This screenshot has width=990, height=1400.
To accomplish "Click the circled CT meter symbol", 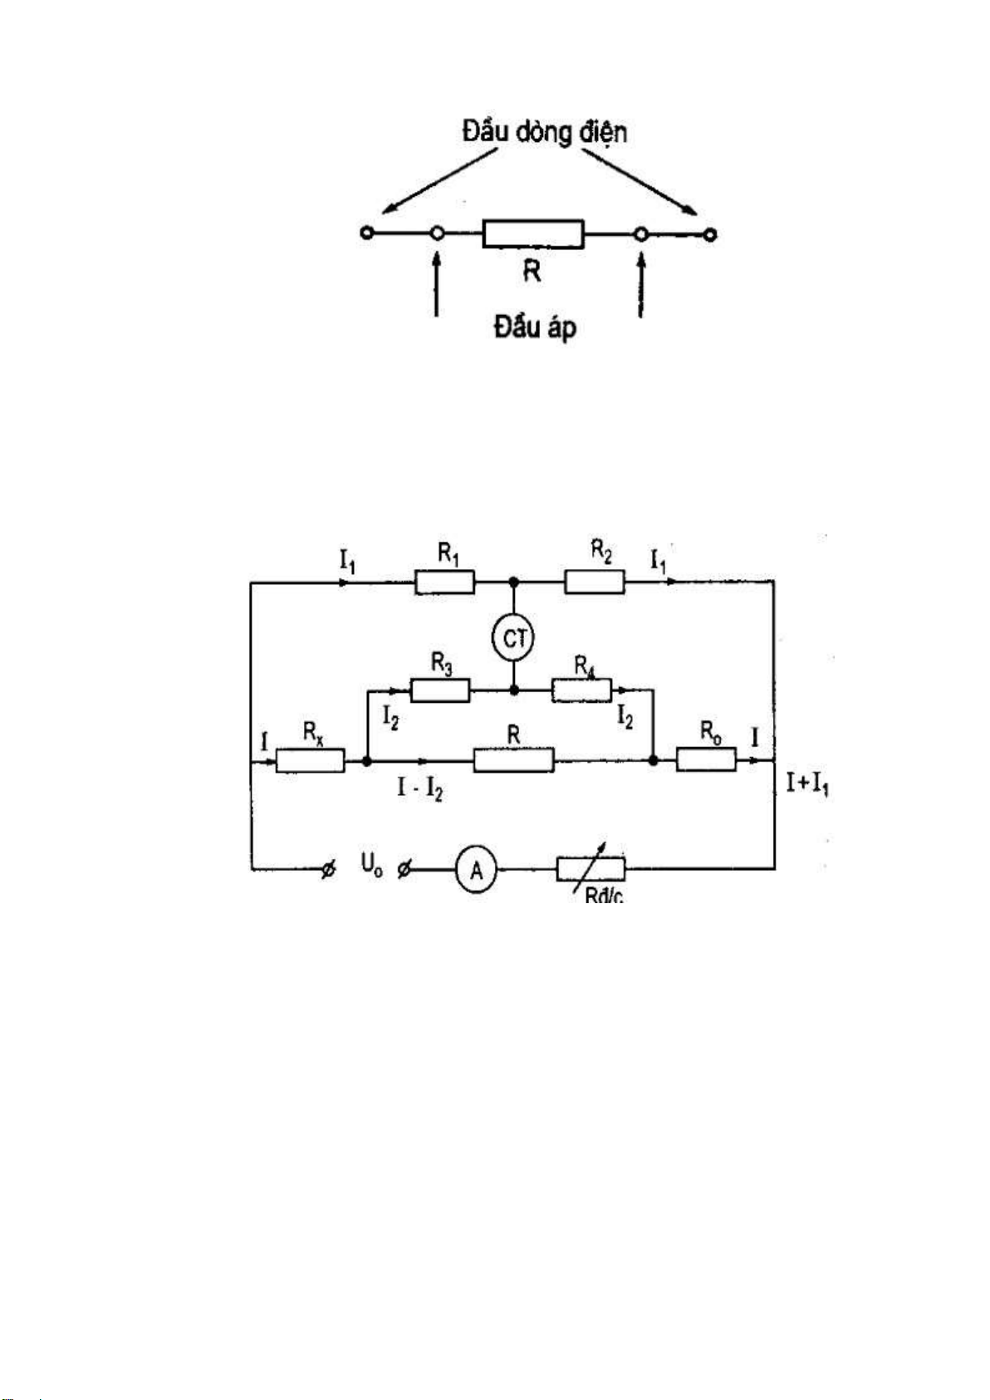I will tap(514, 637).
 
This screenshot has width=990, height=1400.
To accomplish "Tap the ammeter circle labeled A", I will tap(476, 871).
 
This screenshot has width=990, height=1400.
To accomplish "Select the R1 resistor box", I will tap(444, 582).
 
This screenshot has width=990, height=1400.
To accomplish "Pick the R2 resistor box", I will tap(595, 582).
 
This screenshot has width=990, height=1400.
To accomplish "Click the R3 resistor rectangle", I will tap(440, 690).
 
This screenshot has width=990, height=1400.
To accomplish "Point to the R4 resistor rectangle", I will tap(581, 690).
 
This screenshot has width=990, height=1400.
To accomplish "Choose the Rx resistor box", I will tap(310, 760).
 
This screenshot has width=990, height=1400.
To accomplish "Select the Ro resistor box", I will tap(706, 760).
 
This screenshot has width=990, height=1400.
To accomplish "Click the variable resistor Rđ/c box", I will tap(591, 870).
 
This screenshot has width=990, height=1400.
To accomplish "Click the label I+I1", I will tap(807, 783).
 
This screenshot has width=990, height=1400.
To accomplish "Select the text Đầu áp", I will tap(534, 328).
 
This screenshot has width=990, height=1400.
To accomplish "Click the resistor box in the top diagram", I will tap(533, 234).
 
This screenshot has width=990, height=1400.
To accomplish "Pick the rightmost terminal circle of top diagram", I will tap(709, 234).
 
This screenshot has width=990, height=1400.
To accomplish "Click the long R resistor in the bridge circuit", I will tap(513, 759).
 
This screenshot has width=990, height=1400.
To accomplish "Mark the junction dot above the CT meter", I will tap(514, 582).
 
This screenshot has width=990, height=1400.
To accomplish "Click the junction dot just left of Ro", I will tap(654, 760).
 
